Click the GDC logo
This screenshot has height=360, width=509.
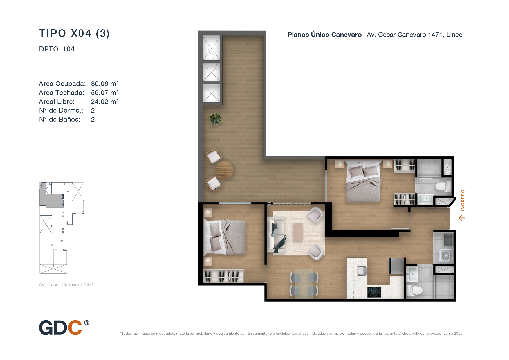64,327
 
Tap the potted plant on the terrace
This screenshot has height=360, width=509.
215,118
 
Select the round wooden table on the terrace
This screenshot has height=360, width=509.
224,170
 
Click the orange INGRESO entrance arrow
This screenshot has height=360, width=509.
462,218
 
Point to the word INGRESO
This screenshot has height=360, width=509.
463,200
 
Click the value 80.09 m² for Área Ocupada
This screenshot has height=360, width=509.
105,84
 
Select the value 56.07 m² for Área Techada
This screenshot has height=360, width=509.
105,93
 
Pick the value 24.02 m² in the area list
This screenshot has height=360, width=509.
105,102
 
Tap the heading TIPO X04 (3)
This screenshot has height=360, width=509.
74,33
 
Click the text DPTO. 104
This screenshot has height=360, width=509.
57,49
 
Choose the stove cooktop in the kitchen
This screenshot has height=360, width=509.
374,292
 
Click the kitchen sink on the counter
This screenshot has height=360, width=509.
361,271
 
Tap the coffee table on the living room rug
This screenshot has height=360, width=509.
298,232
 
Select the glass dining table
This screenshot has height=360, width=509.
304,283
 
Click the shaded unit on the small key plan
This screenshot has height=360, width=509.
52,197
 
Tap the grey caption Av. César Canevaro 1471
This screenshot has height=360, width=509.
66,285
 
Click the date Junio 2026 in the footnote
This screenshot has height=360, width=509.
453,334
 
